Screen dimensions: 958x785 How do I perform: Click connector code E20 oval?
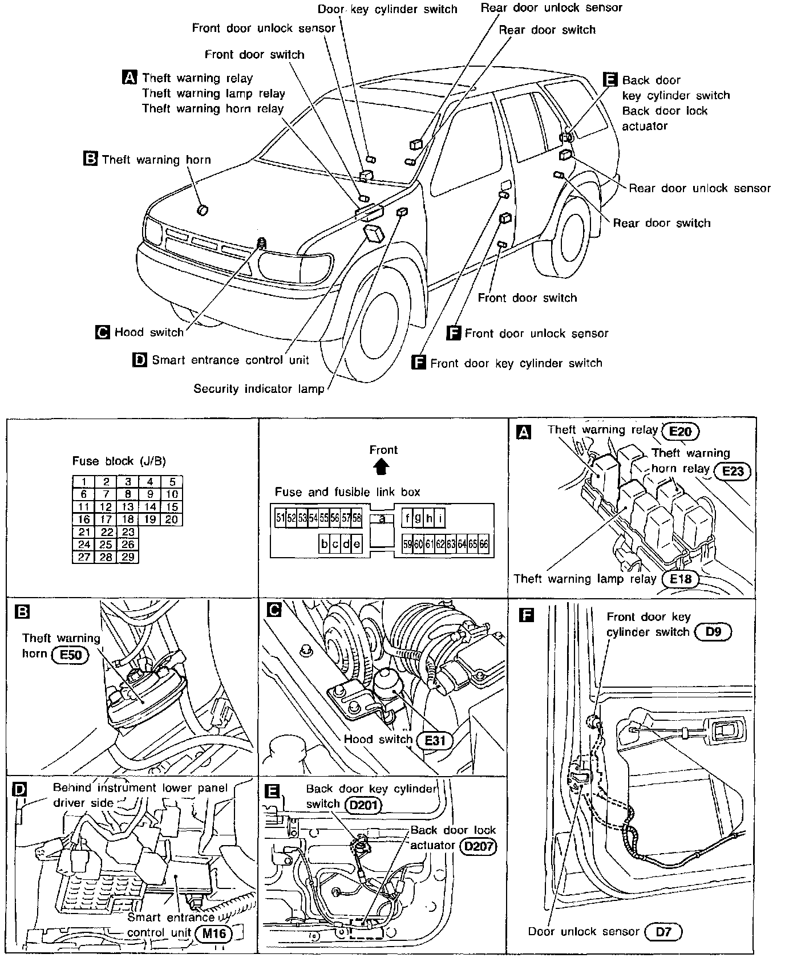(681, 432)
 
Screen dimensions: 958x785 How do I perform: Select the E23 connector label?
(733, 471)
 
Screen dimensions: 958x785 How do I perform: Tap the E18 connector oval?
(681, 579)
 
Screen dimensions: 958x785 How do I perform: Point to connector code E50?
(71, 655)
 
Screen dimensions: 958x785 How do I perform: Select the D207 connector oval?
(478, 846)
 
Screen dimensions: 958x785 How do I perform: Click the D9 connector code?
(713, 632)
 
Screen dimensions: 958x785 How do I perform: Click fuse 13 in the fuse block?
(128, 507)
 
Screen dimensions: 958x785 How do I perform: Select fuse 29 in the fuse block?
(128, 557)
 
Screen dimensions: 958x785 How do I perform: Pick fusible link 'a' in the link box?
(382, 518)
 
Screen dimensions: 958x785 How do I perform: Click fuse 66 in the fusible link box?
(484, 544)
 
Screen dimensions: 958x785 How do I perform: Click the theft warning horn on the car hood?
(202, 210)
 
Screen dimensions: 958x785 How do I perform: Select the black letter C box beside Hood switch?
(103, 332)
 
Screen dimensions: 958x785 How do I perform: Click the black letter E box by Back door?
(610, 79)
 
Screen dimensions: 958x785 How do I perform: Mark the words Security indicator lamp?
(258, 389)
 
